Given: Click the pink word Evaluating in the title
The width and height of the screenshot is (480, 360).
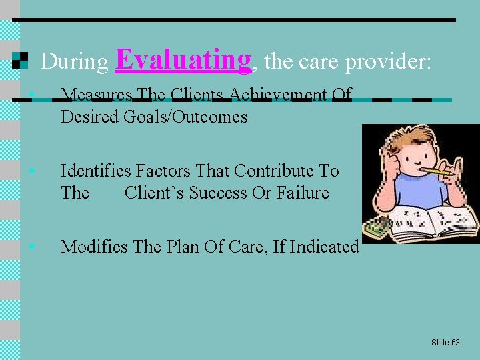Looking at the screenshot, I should point(184,59).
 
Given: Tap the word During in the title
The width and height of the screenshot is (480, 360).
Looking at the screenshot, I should point(75,62).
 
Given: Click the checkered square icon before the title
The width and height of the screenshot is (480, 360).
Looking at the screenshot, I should point(21,61).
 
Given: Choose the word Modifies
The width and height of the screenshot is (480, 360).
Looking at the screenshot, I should point(94,247).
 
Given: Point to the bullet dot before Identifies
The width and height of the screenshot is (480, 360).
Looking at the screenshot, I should point(33,171).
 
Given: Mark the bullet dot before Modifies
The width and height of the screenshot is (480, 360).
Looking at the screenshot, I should point(33,247).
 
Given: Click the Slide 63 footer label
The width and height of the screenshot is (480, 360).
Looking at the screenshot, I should point(445,342).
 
